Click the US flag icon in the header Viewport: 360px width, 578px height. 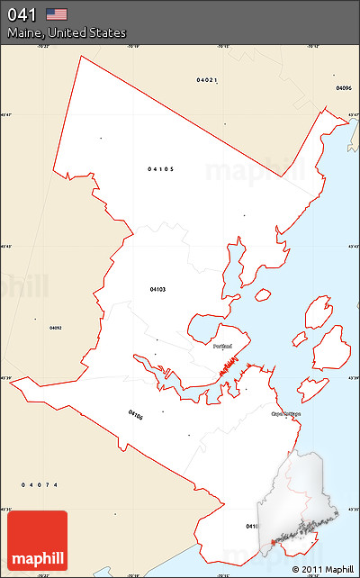click(x=57, y=14)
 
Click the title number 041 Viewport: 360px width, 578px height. click(x=22, y=14)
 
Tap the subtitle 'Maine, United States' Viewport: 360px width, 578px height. click(x=67, y=32)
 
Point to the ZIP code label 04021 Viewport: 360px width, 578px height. click(x=206, y=80)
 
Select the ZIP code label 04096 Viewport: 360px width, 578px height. click(x=343, y=88)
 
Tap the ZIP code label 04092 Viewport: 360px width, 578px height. click(x=55, y=328)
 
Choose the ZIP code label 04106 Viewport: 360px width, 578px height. click(x=136, y=415)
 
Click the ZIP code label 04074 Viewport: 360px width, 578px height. click(x=40, y=485)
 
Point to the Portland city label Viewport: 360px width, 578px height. click(x=222, y=346)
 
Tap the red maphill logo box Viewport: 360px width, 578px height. click(x=37, y=540)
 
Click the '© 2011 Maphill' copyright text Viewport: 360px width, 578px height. click(x=322, y=569)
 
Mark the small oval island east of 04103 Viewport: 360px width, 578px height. click(x=263, y=294)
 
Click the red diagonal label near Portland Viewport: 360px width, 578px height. click(x=231, y=366)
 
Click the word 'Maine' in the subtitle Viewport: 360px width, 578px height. click(x=24, y=32)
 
